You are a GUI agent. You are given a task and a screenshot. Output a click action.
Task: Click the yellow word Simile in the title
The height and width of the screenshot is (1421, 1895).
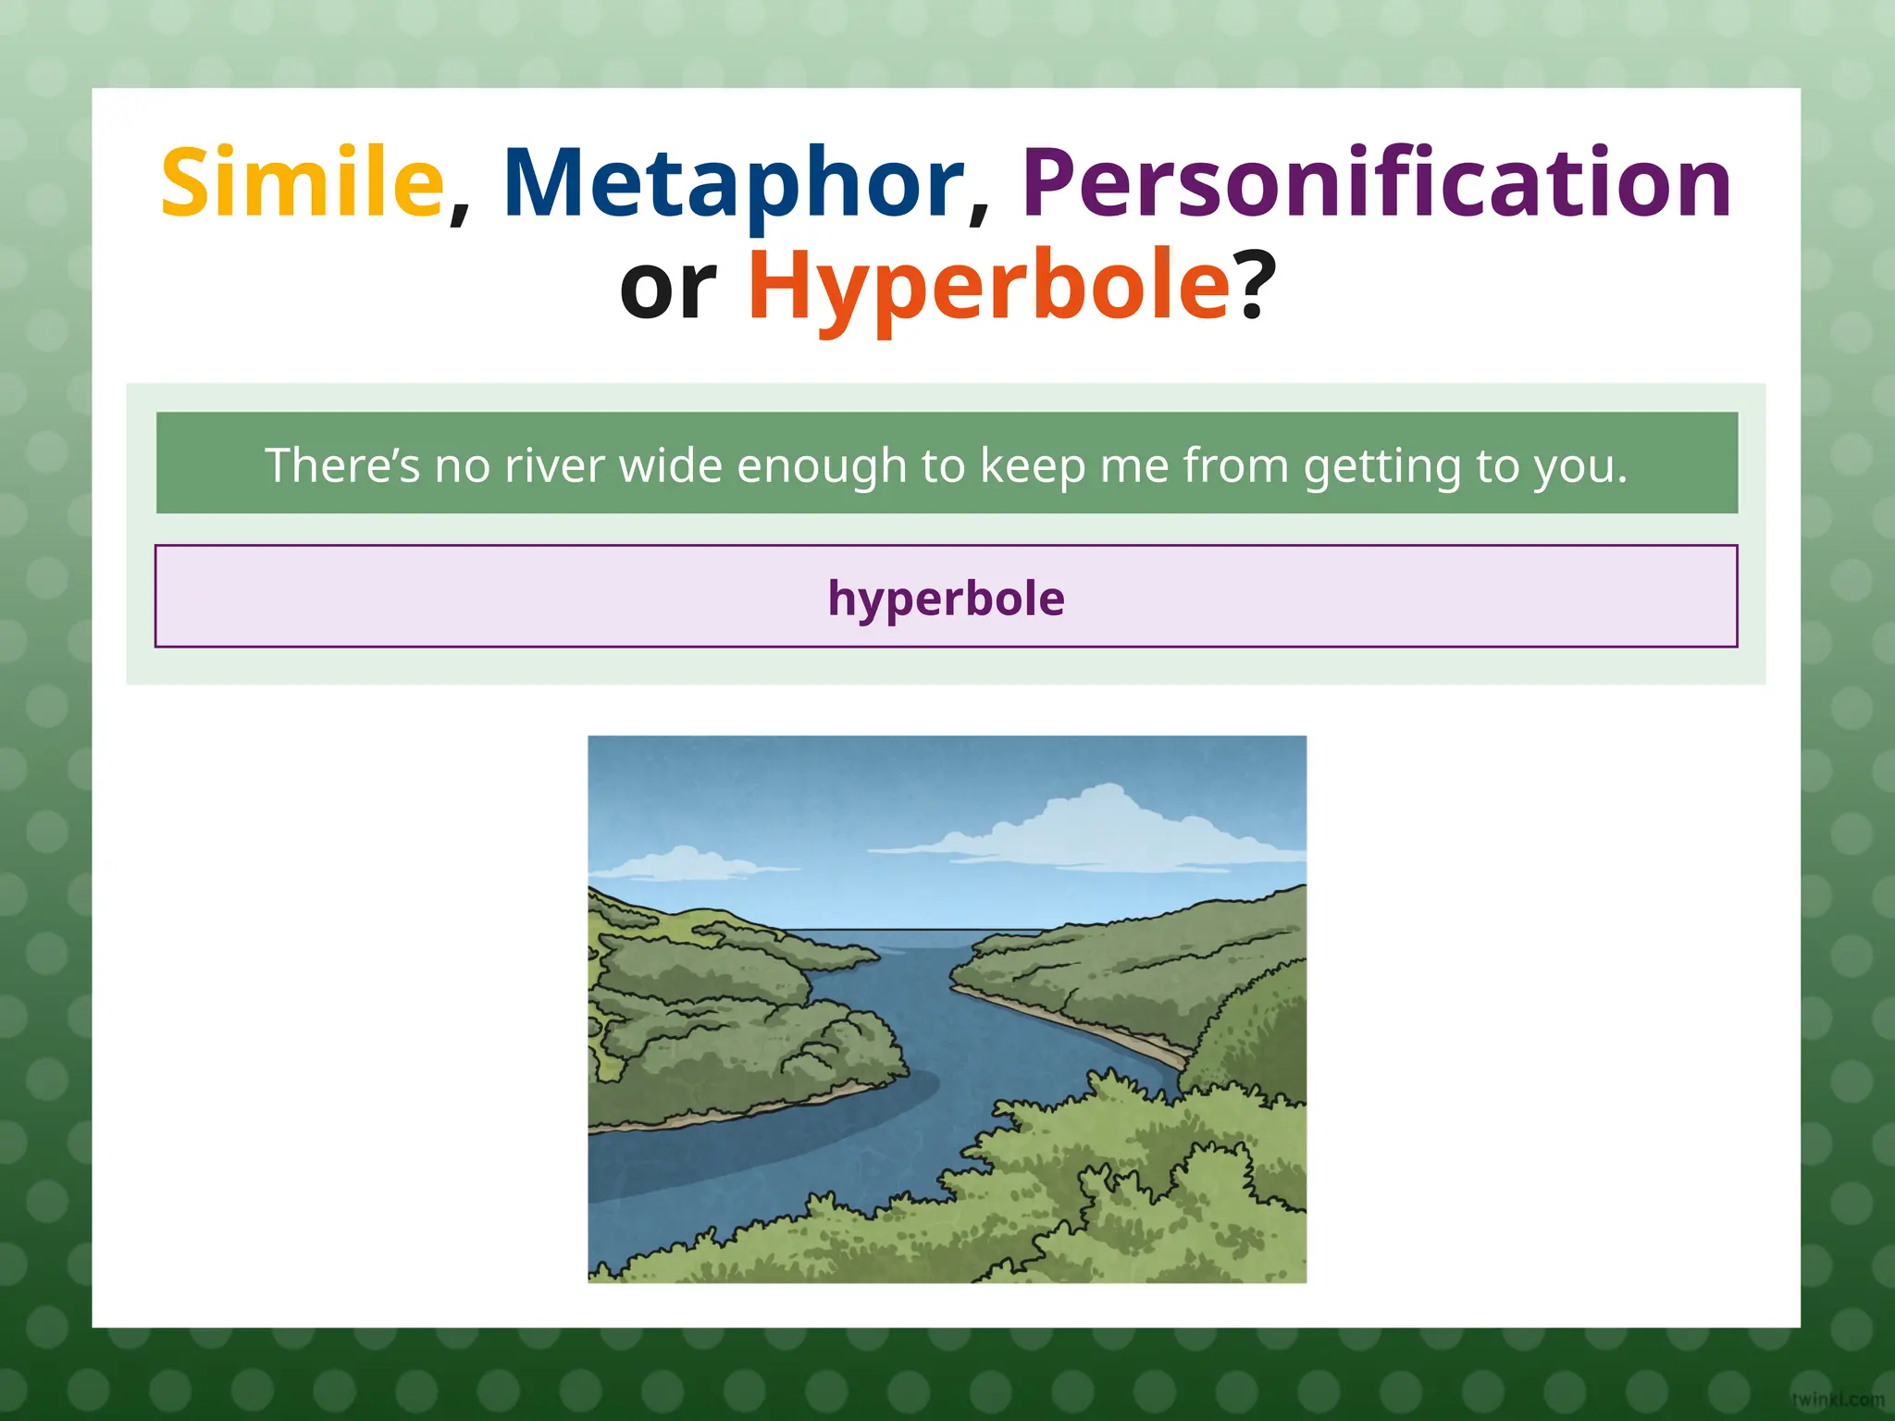[x=302, y=183]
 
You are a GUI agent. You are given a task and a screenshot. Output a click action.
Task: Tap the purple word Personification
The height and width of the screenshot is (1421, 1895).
[x=1376, y=183]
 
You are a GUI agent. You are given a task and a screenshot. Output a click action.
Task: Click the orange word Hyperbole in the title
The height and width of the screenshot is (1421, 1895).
[x=987, y=286]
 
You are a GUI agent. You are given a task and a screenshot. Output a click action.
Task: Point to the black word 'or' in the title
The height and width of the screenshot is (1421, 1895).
[x=668, y=289]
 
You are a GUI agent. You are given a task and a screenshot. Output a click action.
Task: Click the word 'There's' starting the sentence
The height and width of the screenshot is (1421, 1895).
[x=342, y=464]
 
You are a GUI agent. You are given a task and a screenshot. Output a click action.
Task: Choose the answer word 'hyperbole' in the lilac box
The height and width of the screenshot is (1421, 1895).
[x=946, y=598]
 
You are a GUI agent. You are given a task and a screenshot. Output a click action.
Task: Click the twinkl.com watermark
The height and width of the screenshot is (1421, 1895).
[x=1837, y=1399]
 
